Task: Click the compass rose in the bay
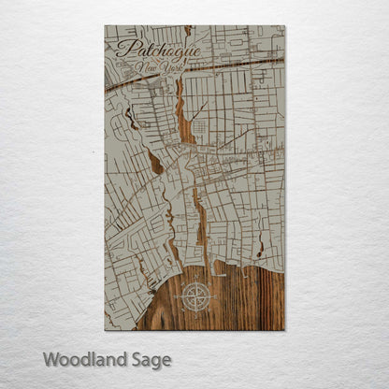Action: pyautogui.click(x=197, y=297)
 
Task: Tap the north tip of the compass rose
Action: pyautogui.click(x=197, y=281)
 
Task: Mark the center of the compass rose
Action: pyautogui.click(x=197, y=297)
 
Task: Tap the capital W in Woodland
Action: pyautogui.click(x=50, y=359)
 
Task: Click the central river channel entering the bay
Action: pyautogui.click(x=200, y=229)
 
